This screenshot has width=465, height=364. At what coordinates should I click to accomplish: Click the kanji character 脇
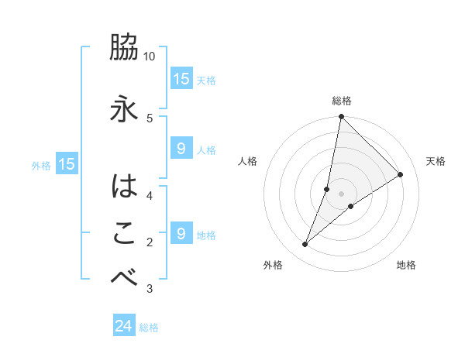tap(124, 50)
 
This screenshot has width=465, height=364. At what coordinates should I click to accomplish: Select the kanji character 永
tap(124, 107)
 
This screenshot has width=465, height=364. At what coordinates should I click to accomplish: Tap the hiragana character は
tap(124, 187)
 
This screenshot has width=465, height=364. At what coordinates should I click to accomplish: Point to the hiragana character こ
tap(124, 233)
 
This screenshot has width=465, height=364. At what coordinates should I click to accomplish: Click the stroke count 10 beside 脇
tap(150, 57)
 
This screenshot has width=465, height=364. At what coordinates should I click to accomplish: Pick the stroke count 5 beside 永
tap(150, 118)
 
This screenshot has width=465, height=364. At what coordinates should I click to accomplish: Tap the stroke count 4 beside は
tap(150, 194)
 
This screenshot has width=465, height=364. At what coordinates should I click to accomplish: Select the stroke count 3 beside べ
tap(150, 289)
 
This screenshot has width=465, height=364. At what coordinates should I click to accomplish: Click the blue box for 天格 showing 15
tap(181, 79)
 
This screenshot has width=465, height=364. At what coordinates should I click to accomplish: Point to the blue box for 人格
tap(181, 149)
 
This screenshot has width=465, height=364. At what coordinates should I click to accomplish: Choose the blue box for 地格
tap(181, 233)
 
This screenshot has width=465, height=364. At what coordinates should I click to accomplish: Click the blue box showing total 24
tap(124, 326)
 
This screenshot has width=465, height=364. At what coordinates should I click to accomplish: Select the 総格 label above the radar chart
tap(342, 101)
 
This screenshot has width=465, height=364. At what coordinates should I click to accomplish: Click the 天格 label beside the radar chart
tap(436, 161)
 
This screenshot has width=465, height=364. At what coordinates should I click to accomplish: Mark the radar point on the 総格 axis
tap(341, 117)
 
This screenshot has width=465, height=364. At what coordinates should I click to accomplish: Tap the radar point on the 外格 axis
tap(305, 245)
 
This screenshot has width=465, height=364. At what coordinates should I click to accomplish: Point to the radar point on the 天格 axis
tap(401, 175)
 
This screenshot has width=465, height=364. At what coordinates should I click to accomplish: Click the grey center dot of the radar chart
tap(341, 194)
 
